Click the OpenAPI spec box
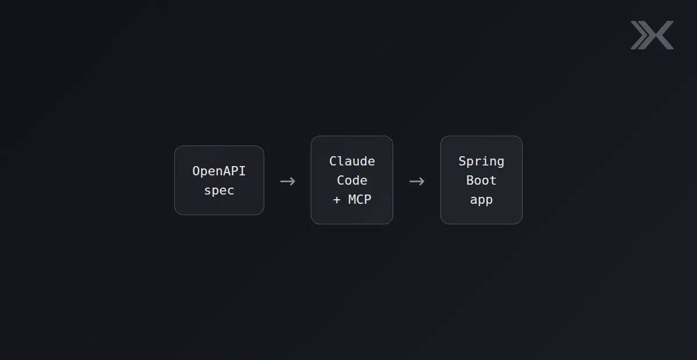pos(219,180)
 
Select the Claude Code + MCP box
pos(352,180)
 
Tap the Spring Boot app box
pos(482,180)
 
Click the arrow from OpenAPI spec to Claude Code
pos(288,181)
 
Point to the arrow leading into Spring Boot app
pos(416,181)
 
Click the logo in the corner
pos(652,35)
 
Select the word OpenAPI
pos(219,171)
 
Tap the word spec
pos(219,190)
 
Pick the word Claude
pos(352,161)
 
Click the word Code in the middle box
pos(352,180)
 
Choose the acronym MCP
pos(360,199)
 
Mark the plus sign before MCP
pos(337,200)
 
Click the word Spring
pos(482,162)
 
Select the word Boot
pos(482,180)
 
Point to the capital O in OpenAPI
pos(196,171)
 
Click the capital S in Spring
pos(462,161)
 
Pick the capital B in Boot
pos(470,180)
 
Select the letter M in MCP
pos(352,199)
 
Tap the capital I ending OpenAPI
pos(242,171)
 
